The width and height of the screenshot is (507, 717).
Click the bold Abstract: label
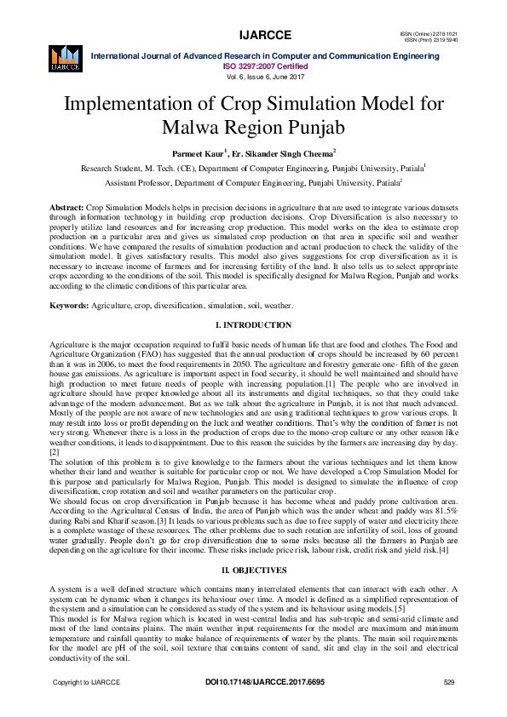[67, 208]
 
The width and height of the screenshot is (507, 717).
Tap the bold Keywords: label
[70, 305]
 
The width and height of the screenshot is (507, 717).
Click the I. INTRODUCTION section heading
[253, 325]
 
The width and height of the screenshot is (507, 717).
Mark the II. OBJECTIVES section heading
[253, 567]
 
